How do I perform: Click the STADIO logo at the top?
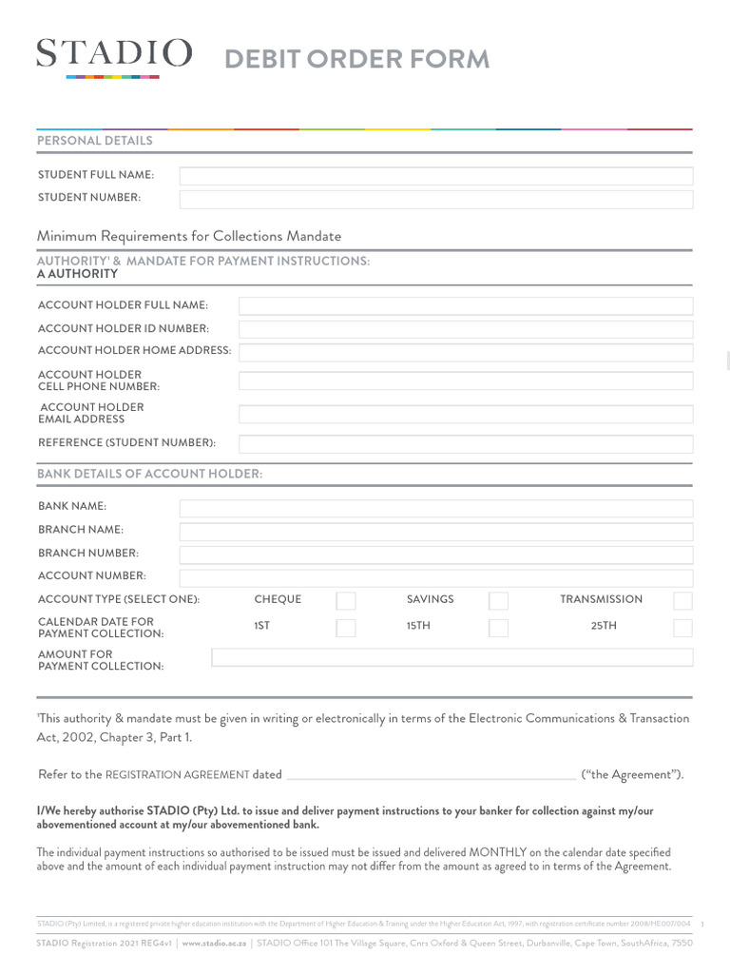[114, 54]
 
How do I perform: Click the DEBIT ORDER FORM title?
[356, 59]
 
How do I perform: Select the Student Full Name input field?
[436, 176]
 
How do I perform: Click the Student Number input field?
[436, 199]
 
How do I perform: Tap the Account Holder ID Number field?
[466, 329]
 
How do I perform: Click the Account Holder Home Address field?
[466, 352]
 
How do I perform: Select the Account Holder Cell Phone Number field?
[466, 381]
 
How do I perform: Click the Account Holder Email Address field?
[466, 414]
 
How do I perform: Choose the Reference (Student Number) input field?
[466, 443]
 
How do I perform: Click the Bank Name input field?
[436, 508]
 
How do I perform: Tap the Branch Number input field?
[436, 555]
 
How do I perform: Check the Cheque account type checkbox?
[346, 600]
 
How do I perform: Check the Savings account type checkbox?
[498, 600]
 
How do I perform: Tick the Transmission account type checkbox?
[682, 600]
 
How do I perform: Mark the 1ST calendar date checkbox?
[346, 628]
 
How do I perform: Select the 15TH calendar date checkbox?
[498, 628]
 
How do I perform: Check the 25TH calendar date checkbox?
[682, 628]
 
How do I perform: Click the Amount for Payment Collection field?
[451, 657]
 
